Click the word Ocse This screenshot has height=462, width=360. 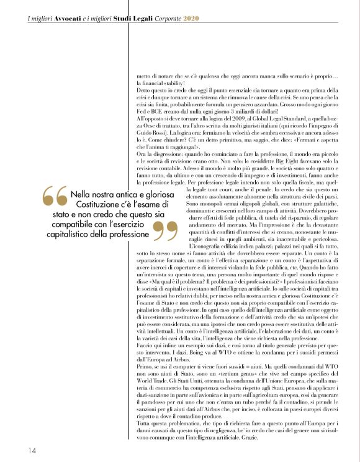(148, 124)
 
